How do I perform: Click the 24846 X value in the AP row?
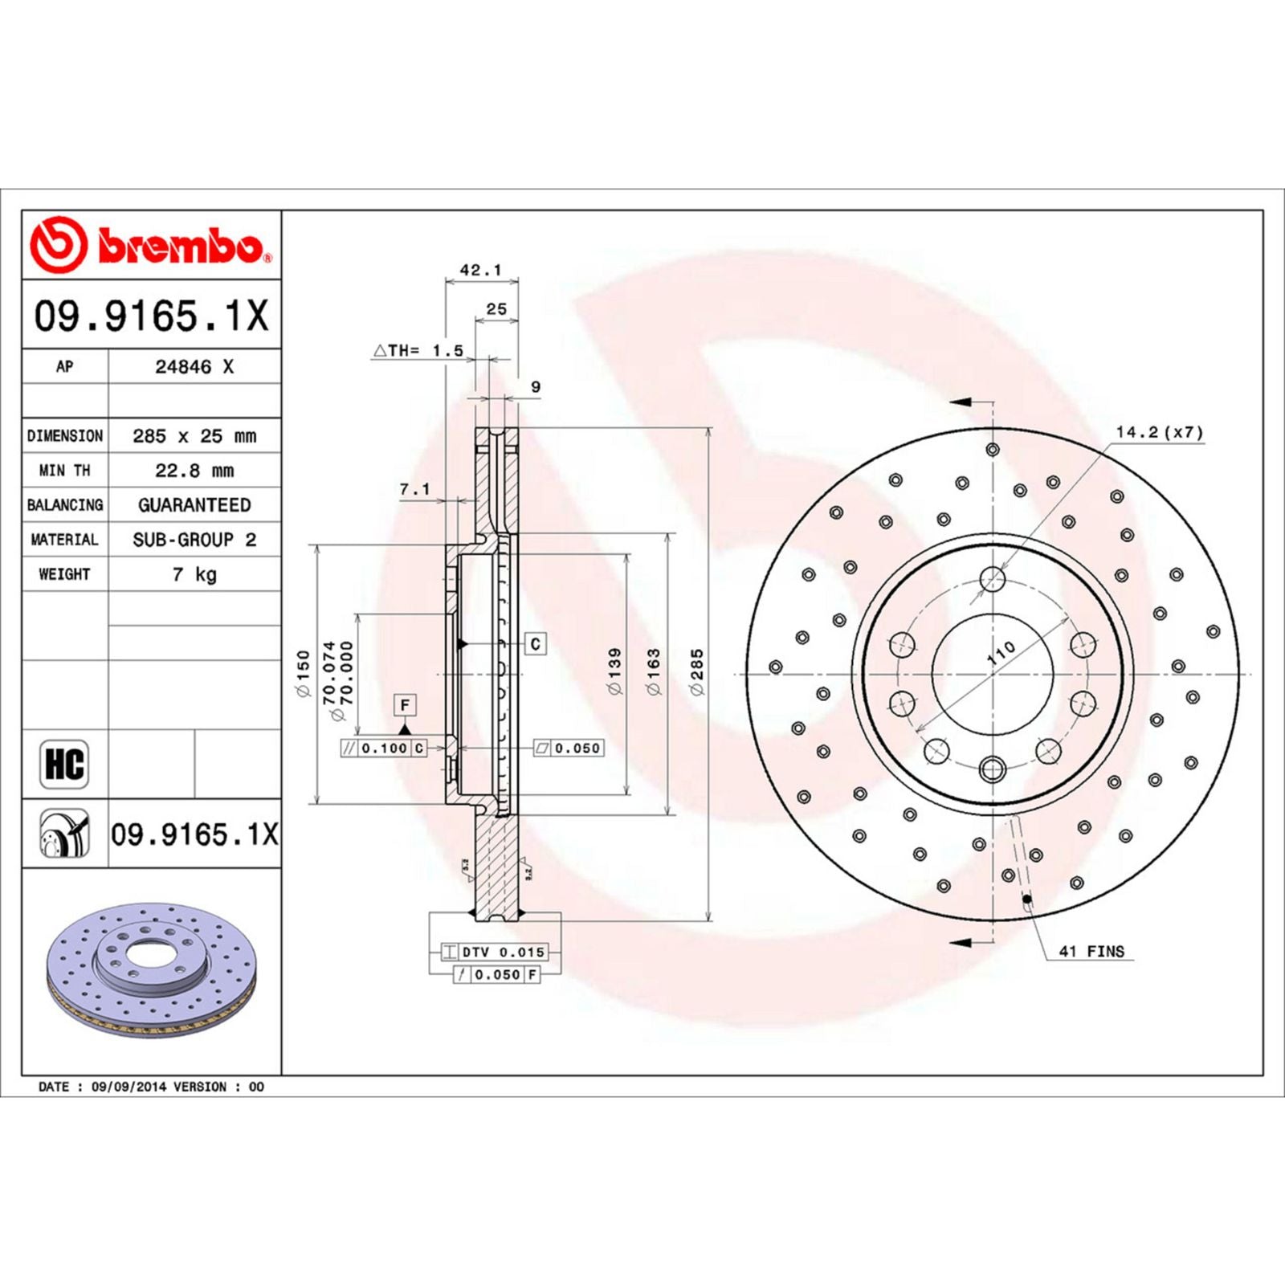(x=194, y=367)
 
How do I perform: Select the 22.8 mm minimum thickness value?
(x=194, y=471)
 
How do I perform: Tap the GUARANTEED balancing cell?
(x=194, y=505)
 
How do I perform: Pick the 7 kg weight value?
(x=194, y=574)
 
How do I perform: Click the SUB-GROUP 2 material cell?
(x=194, y=540)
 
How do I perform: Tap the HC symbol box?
(x=64, y=765)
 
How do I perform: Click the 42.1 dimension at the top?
(x=480, y=271)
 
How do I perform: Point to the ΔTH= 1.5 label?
(x=418, y=351)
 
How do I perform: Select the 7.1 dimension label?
(x=415, y=489)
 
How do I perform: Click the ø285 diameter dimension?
(x=697, y=672)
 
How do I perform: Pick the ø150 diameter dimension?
(x=304, y=673)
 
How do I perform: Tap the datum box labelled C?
(x=536, y=643)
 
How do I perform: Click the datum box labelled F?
(x=405, y=705)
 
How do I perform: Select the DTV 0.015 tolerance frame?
(x=503, y=952)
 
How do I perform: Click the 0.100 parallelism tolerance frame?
(x=384, y=749)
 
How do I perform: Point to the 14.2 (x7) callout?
(x=1160, y=433)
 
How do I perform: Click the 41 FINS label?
(x=1091, y=952)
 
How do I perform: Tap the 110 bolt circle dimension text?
(x=1001, y=653)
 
